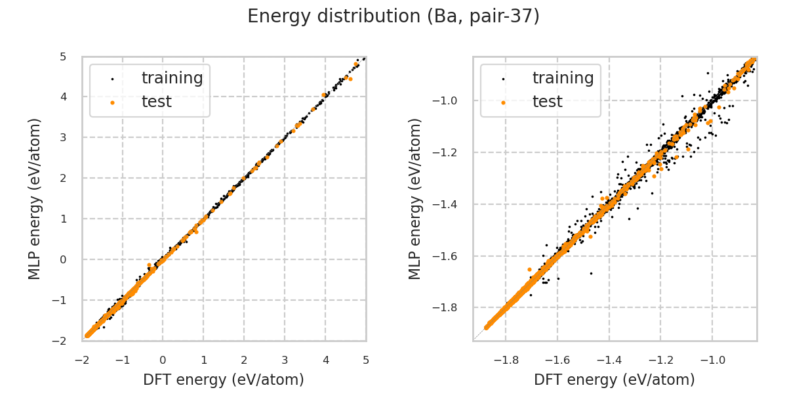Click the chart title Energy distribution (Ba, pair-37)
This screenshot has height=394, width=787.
coord(393,16)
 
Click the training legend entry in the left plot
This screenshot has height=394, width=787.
coord(172,78)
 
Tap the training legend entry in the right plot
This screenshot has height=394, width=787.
coord(563,78)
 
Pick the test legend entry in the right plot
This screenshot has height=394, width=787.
coord(547,102)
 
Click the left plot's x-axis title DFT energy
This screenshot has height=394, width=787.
coord(224,380)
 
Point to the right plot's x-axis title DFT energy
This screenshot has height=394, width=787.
coord(615,380)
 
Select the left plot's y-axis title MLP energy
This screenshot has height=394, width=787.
coord(35,198)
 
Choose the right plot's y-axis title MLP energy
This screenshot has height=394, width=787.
coord(415,198)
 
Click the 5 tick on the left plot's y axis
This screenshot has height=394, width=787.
coord(62,56)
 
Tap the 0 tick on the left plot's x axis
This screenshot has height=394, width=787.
coord(163,360)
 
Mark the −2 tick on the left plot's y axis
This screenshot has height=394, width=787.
coord(60,341)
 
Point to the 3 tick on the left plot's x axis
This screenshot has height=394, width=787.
coord(285,360)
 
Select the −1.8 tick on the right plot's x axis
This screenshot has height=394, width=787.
coord(506,360)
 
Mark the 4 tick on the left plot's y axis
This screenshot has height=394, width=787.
coord(62,97)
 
